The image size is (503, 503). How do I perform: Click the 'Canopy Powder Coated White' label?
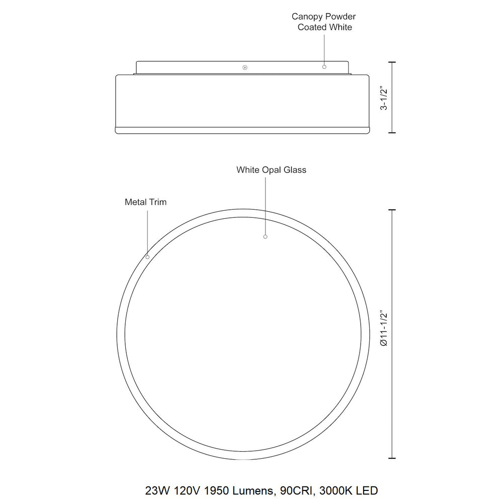coord(324,22)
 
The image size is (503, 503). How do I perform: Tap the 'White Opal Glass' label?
coord(272,170)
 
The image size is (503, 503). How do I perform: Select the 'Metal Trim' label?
coord(146,202)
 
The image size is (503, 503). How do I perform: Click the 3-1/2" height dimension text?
coord(384,98)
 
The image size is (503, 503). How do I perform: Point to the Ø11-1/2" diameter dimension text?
coord(384,328)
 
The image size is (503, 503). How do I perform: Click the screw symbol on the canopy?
coord(245,67)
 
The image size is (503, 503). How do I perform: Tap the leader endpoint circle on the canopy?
coord(324,67)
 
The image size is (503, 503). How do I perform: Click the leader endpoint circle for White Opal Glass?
coord(265,237)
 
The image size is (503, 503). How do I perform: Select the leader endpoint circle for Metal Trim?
coord(147,257)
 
